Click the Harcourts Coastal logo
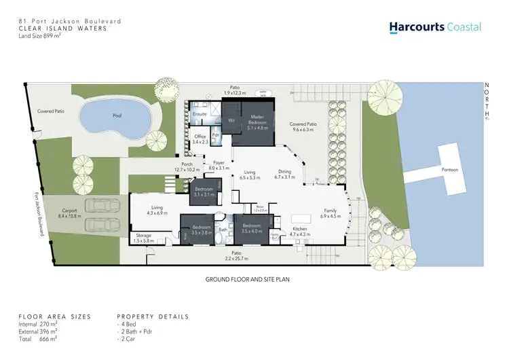(435, 27)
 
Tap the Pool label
(117, 116)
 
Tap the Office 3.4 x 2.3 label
(200, 139)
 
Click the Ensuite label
(200, 113)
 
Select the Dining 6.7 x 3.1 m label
(285, 174)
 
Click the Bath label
(223, 230)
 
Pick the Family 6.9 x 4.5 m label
(330, 213)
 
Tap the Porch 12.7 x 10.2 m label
(187, 166)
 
